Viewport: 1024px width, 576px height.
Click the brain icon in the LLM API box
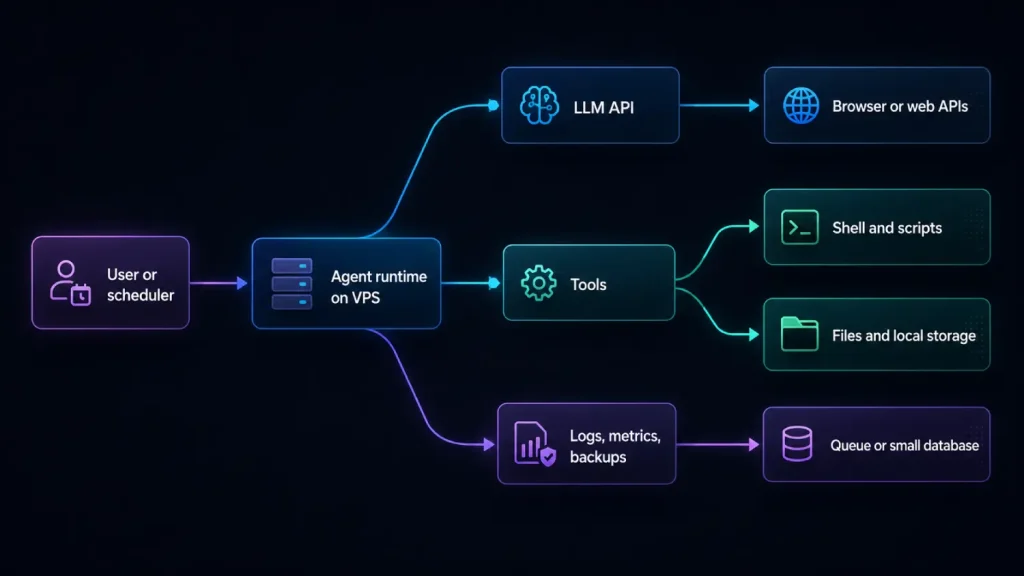pos(539,105)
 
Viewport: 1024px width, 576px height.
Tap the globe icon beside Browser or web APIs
pos(801,105)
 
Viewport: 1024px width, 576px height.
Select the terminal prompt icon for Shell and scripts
pos(799,227)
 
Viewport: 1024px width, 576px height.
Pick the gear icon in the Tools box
pos(539,283)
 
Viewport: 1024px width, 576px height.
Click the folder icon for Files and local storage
pos(799,334)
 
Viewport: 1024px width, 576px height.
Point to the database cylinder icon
pos(797,444)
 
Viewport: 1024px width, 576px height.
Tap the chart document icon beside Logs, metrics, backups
pos(535,444)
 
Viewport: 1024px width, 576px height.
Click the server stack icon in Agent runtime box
pos(292,283)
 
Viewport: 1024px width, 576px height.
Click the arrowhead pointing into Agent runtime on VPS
pos(242,283)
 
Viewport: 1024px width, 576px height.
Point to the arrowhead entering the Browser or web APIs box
pos(754,105)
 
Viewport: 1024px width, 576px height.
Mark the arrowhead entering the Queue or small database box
pos(754,445)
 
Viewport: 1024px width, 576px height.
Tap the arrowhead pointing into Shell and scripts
pos(754,227)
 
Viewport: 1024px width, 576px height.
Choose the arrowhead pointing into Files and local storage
pos(754,335)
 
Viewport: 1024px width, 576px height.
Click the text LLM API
pos(603,108)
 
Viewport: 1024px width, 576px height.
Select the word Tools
pos(588,285)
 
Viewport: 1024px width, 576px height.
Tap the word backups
pos(598,457)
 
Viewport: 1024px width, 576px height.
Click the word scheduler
pos(140,295)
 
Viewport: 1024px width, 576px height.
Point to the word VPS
pos(366,298)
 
